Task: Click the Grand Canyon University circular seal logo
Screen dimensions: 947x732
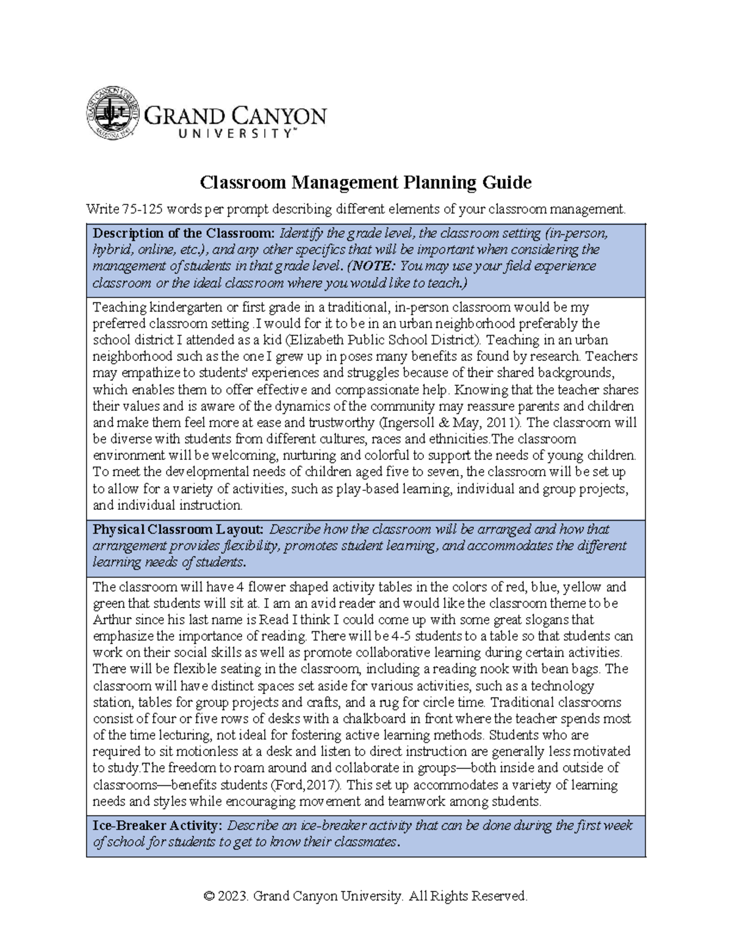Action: [112, 114]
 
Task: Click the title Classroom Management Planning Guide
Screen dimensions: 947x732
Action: [366, 182]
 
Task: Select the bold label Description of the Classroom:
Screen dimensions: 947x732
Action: [184, 234]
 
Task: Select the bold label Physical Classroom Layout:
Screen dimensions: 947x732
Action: [178, 529]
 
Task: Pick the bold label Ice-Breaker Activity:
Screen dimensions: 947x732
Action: [157, 826]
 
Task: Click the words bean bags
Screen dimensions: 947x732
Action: [575, 669]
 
